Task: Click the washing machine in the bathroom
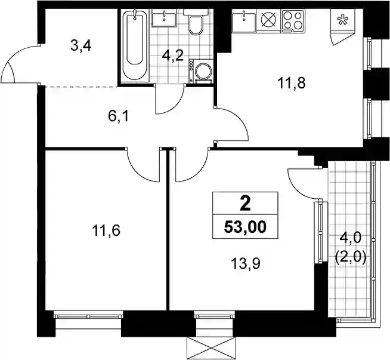click(201, 71)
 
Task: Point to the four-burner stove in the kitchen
click(293, 21)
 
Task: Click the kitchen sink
click(244, 21)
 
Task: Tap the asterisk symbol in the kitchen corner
click(342, 20)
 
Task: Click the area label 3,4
click(81, 46)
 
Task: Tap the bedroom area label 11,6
click(106, 230)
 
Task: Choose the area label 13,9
click(246, 264)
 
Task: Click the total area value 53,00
click(245, 227)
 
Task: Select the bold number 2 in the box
click(245, 205)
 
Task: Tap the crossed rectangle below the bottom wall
click(211, 349)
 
